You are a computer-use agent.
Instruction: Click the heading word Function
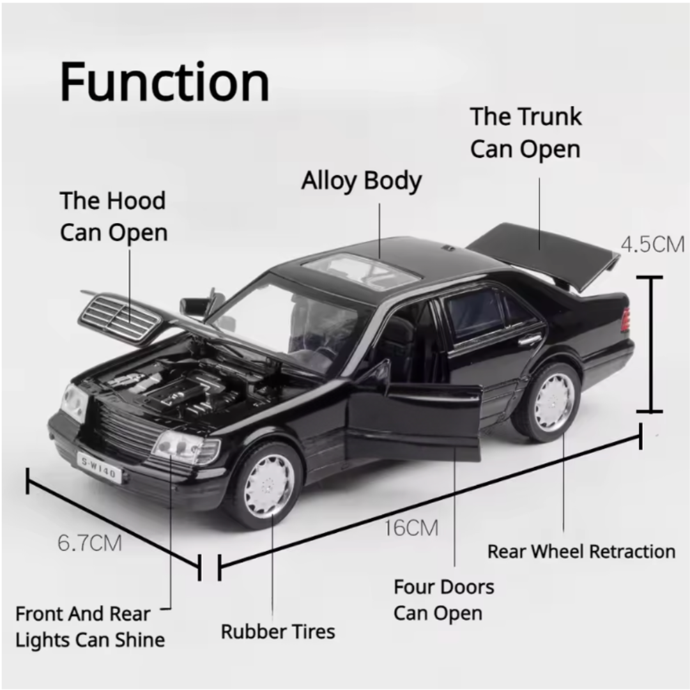click(165, 82)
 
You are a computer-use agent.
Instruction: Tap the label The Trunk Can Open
click(526, 133)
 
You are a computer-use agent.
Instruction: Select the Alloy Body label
click(362, 181)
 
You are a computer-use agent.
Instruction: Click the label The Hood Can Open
click(114, 216)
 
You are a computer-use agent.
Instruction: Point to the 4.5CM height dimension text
click(652, 244)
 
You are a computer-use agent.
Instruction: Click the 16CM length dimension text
click(411, 528)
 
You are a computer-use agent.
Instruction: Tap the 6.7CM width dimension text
click(89, 543)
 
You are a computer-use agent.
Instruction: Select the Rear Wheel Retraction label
click(581, 551)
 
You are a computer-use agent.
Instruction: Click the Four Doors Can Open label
click(444, 600)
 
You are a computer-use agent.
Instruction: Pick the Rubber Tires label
click(278, 632)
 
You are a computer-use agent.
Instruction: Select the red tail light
click(625, 319)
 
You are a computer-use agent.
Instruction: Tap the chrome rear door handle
click(530, 340)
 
